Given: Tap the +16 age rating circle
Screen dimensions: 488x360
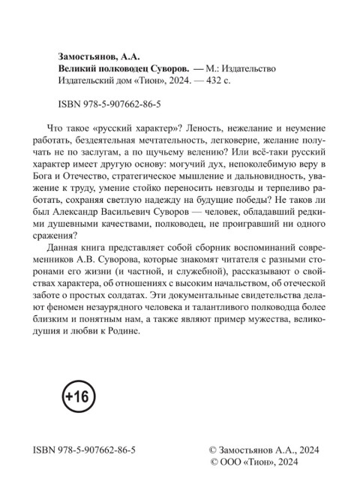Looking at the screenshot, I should click(74, 396).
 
